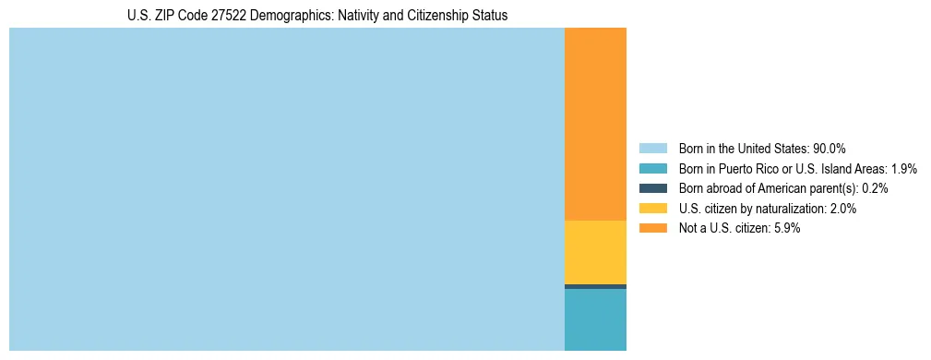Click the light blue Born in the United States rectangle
coord(286,189)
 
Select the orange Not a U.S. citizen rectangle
coord(595,125)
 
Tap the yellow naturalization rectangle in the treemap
coord(595,252)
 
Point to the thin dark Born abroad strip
coord(595,286)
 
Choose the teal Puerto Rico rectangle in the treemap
coord(595,319)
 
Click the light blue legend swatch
coord(652,148)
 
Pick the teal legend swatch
coord(652,168)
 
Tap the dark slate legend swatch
coord(652,188)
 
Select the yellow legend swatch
coord(652,209)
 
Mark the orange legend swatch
coord(652,229)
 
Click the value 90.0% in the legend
coord(830,148)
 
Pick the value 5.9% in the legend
coord(786,229)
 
